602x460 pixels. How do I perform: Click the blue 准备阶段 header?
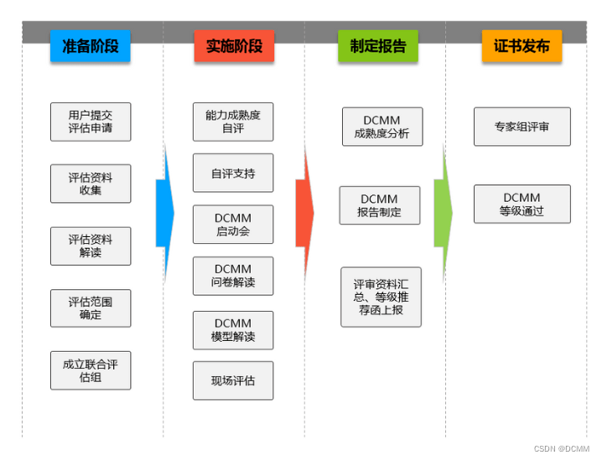[x=91, y=46]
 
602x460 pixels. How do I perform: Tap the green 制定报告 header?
[x=377, y=46]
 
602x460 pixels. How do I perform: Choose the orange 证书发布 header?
[x=522, y=46]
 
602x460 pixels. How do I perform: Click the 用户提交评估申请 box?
[x=91, y=122]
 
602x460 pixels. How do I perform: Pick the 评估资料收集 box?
[x=91, y=183]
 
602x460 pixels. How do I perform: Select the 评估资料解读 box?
[x=91, y=246]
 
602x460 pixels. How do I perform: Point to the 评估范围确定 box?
[x=91, y=308]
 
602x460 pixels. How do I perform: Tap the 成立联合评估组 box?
[x=91, y=370]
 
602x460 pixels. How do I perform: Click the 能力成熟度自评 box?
[x=233, y=121]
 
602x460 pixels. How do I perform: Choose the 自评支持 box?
[x=233, y=173]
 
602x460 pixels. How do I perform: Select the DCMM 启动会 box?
[x=233, y=225]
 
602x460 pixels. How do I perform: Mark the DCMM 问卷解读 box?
[x=233, y=277]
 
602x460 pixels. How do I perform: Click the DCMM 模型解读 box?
[x=233, y=330]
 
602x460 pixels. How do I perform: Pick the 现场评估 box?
[x=233, y=380]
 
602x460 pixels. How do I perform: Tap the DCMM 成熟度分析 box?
[x=382, y=127]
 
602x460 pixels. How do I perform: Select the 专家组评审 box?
[x=522, y=127]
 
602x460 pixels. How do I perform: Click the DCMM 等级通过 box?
[x=522, y=204]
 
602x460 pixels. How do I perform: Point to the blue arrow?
[x=164, y=213]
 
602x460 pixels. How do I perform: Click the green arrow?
[x=443, y=213]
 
